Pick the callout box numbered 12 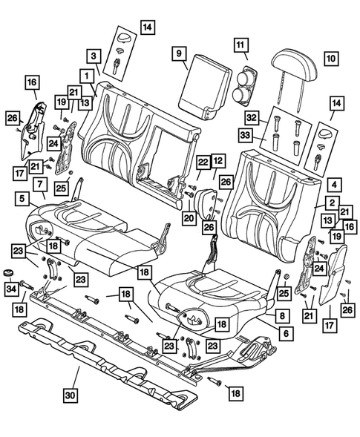pos(217,160)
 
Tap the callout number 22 pos(203,162)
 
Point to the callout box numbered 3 pos(94,56)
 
